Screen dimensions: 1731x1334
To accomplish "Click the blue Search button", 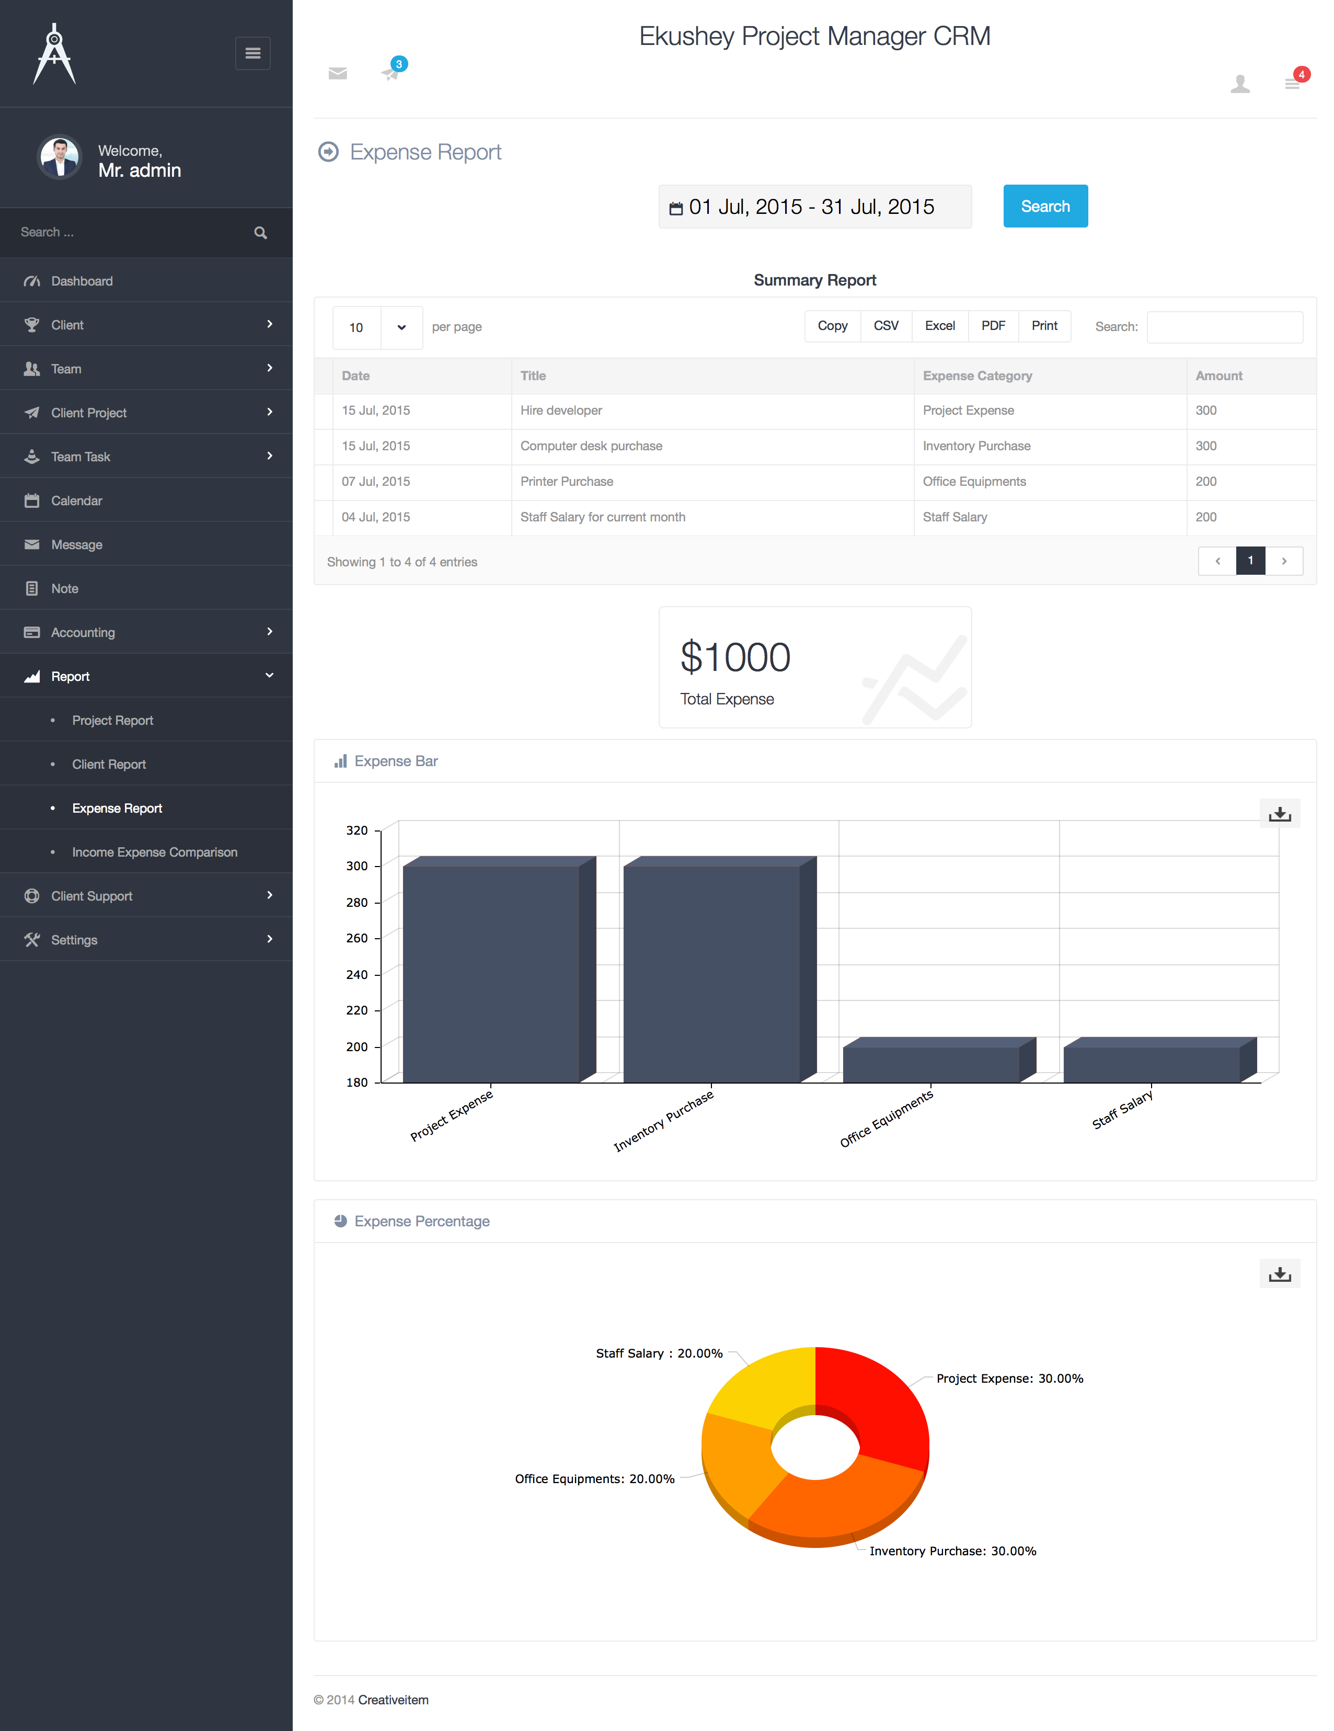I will tap(1045, 206).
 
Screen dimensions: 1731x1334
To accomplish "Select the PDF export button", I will tap(993, 326).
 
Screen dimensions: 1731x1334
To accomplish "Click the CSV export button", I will tap(885, 326).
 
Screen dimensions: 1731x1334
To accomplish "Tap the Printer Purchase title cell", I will tap(567, 482).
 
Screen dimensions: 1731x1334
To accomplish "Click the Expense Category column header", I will tap(977, 375).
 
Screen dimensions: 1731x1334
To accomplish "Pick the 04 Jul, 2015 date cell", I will tap(375, 517).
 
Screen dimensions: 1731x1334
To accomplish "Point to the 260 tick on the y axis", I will tap(356, 938).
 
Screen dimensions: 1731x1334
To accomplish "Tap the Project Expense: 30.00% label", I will tap(1009, 1379).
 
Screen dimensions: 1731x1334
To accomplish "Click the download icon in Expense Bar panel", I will tap(1279, 814).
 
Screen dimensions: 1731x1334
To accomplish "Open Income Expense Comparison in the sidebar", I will tap(155, 852).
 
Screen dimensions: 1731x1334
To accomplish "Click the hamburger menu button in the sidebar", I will tap(252, 53).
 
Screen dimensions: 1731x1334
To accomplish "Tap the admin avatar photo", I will tap(60, 157).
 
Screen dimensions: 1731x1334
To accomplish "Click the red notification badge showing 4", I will tap(1301, 74).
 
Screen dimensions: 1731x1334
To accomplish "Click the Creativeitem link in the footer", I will tap(393, 1699).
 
